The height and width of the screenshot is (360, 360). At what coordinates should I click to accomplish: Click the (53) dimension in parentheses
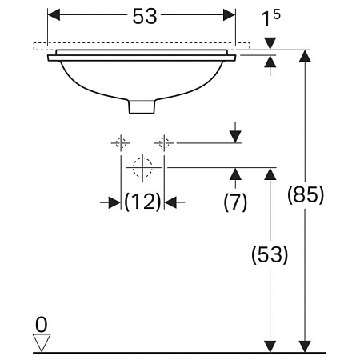click(x=269, y=254)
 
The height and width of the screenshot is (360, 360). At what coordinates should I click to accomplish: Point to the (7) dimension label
click(x=234, y=202)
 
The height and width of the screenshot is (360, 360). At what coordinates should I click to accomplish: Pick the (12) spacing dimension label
click(x=142, y=202)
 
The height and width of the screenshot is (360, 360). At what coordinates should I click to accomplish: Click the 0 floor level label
click(x=42, y=323)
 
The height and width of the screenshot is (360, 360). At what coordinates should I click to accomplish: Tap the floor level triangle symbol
click(x=42, y=342)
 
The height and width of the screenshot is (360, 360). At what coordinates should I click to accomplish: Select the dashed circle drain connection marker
click(x=142, y=167)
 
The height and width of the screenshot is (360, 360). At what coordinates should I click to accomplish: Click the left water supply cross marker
click(x=121, y=143)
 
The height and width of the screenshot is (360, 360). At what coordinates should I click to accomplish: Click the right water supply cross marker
click(x=164, y=143)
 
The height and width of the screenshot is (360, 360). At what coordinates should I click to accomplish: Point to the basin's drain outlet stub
click(x=142, y=106)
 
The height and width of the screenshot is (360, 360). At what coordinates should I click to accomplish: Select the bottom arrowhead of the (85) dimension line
click(x=304, y=345)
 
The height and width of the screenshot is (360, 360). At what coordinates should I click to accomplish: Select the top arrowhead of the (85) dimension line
click(x=304, y=55)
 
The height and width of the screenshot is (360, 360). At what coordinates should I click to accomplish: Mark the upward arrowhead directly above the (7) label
click(x=234, y=174)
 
